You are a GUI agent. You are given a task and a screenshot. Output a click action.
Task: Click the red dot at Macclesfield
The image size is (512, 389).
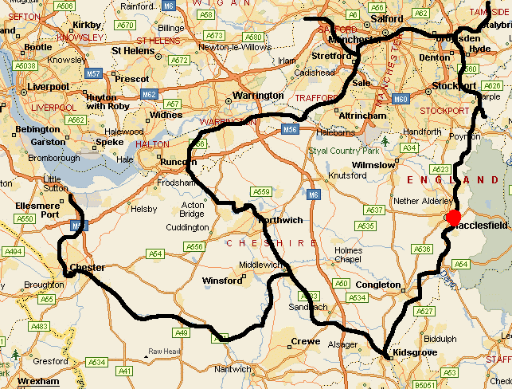[453, 218]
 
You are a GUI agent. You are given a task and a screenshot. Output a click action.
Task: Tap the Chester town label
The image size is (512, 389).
[88, 267]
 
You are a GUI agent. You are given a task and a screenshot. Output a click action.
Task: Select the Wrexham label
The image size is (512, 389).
[38, 381]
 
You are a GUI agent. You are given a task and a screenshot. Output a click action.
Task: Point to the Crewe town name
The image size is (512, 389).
[306, 341]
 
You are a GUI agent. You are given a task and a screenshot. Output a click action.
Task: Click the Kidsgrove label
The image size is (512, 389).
[412, 352]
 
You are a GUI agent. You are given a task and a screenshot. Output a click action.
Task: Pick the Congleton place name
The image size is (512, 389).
[378, 285]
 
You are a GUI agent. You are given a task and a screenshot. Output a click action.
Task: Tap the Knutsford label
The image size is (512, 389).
[348, 175]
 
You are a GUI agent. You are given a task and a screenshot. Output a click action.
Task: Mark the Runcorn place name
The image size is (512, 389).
[178, 162]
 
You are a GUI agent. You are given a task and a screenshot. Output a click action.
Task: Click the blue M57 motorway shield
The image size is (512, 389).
[94, 73]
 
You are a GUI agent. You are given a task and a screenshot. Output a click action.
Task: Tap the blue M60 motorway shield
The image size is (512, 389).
[401, 99]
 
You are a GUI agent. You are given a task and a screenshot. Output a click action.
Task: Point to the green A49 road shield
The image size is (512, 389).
[182, 332]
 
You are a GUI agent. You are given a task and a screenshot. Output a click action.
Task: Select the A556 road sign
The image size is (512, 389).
[197, 144]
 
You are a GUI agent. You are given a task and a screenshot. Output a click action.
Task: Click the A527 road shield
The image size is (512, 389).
[424, 311]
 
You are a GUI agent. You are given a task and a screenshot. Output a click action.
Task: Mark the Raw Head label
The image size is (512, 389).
[164, 352]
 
